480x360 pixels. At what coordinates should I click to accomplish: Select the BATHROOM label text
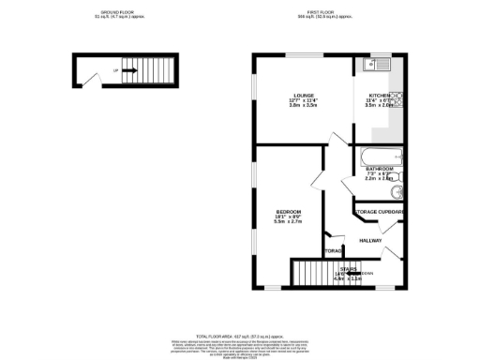pos(379,169)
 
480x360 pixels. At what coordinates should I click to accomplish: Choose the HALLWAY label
pos(372,240)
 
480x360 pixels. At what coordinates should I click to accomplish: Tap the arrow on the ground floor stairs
pos(127,70)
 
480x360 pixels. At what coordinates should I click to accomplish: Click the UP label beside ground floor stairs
pos(115,70)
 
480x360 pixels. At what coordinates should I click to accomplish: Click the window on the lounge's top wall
pos(302,55)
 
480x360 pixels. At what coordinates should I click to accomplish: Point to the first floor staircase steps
pos(319,274)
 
